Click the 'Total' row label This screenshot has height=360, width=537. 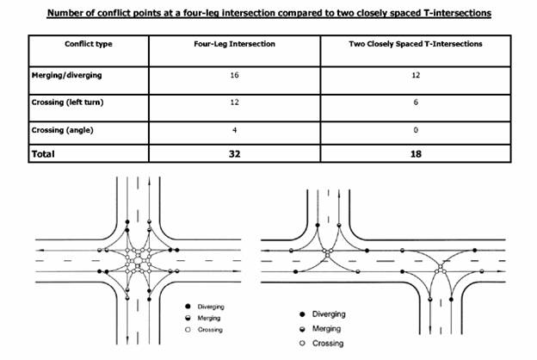(44, 154)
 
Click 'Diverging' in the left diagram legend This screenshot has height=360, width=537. (210, 306)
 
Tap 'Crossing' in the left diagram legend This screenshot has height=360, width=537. (210, 330)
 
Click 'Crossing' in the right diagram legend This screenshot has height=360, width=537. (332, 344)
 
